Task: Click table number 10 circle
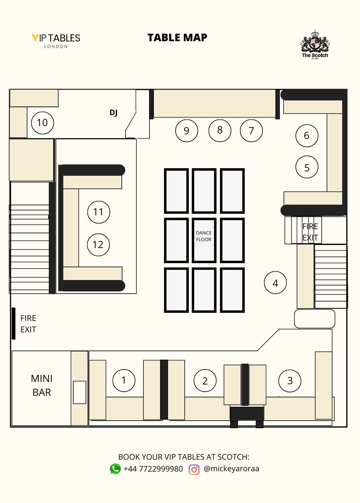pyautogui.click(x=42, y=123)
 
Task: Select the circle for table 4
pyautogui.click(x=275, y=283)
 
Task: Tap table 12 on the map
pyautogui.click(x=98, y=245)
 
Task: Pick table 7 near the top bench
pyautogui.click(x=251, y=131)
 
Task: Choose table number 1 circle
pyautogui.click(x=124, y=381)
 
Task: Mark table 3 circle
pyautogui.click(x=290, y=381)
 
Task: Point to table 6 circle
pyautogui.click(x=307, y=135)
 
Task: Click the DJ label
pyautogui.click(x=114, y=113)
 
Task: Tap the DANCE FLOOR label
pyautogui.click(x=204, y=236)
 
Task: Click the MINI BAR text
pyautogui.click(x=42, y=385)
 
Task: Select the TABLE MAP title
pyautogui.click(x=177, y=37)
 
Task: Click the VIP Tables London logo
pyautogui.click(x=56, y=41)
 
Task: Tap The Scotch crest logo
pyautogui.click(x=315, y=44)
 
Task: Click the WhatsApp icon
pyautogui.click(x=115, y=469)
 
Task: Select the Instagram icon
pyautogui.click(x=194, y=470)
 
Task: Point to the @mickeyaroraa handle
pyautogui.click(x=231, y=469)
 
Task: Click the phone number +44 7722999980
pyautogui.click(x=153, y=469)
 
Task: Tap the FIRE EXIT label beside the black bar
pyautogui.click(x=28, y=324)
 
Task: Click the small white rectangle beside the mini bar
pyautogui.click(x=80, y=392)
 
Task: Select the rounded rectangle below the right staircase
pyautogui.click(x=315, y=319)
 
